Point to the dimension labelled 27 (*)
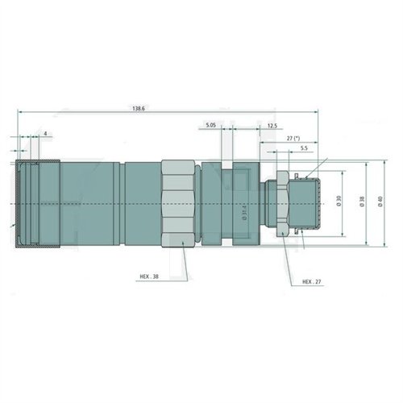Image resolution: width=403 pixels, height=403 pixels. coord(295,139)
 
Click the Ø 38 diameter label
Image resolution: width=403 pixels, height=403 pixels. coord(362,202)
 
